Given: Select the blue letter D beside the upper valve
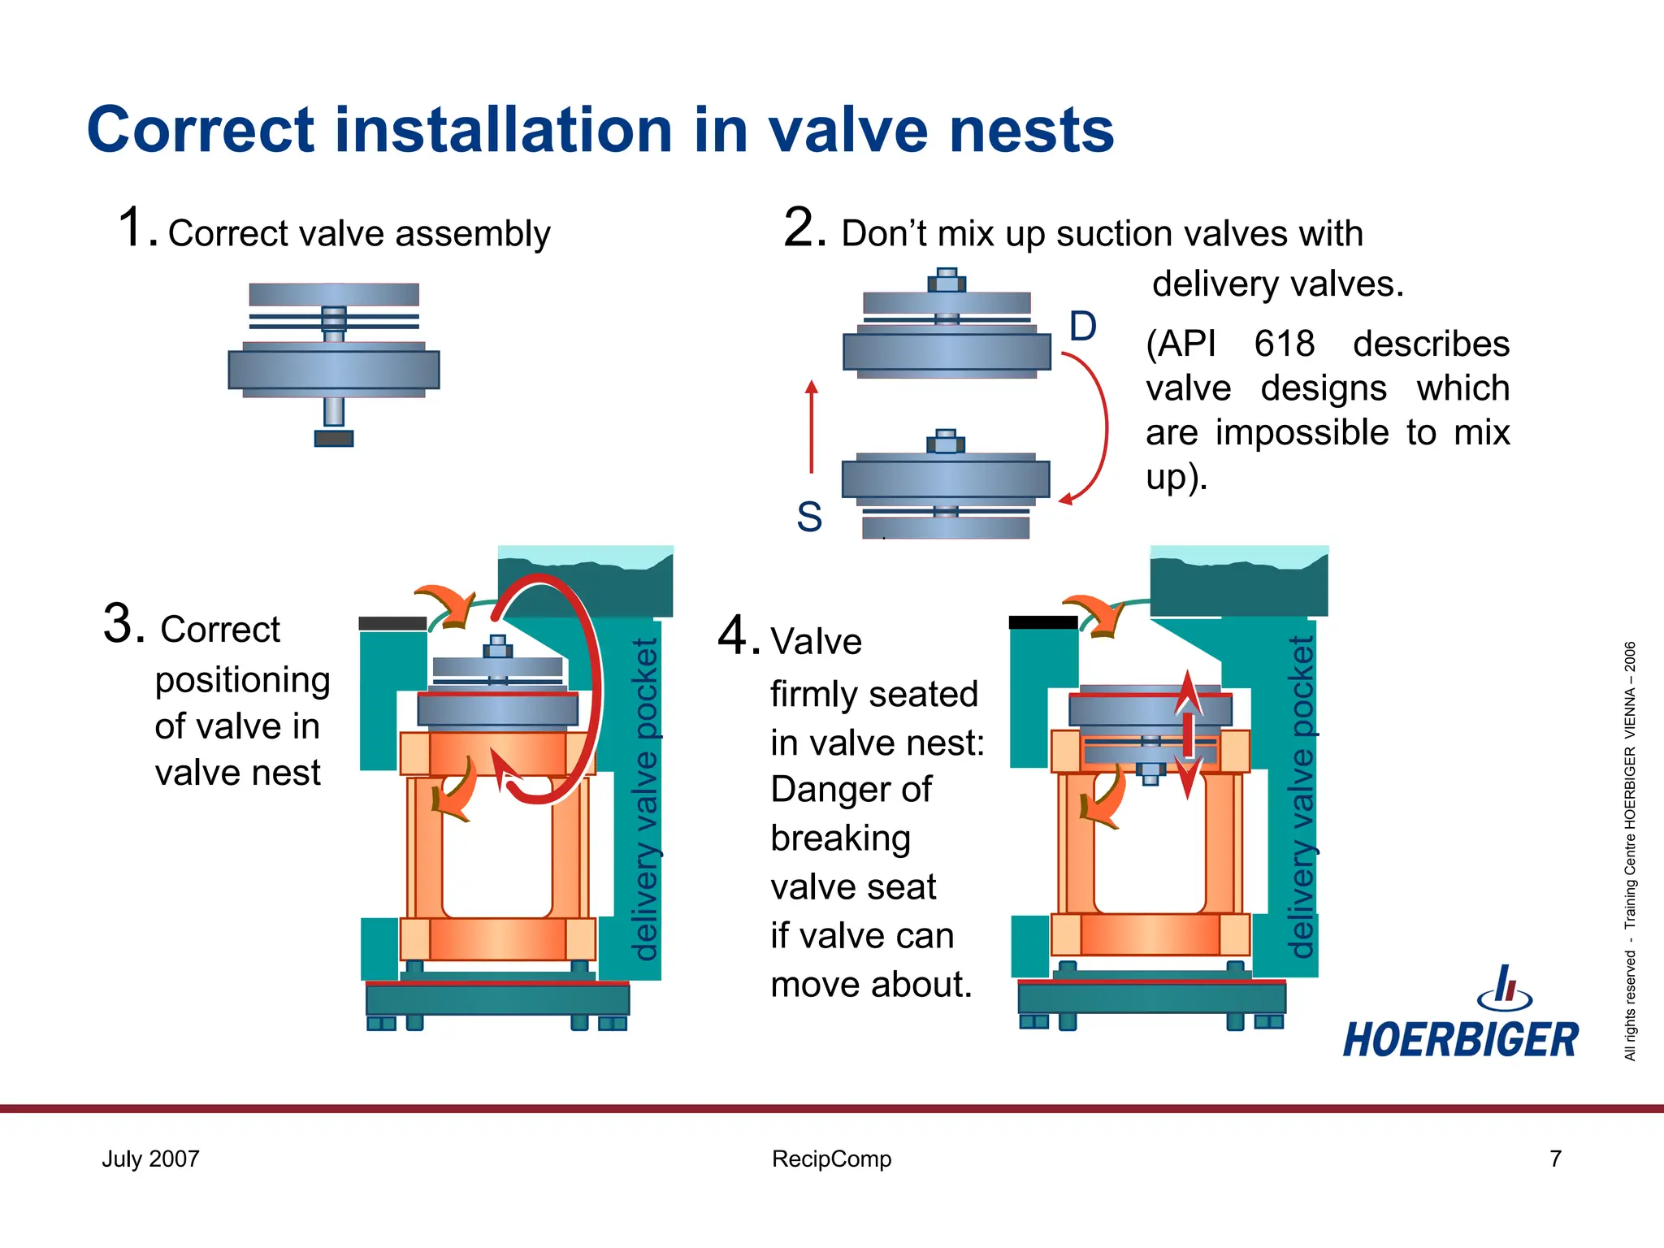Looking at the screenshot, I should pyautogui.click(x=1082, y=327).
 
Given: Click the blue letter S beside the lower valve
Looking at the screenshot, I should pyautogui.click(x=809, y=517).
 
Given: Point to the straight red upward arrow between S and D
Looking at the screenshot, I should pyautogui.click(x=811, y=426).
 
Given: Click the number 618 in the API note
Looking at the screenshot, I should pyautogui.click(x=1284, y=344).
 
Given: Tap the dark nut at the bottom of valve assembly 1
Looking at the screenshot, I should pyautogui.click(x=334, y=439).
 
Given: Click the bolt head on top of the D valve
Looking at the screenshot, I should pyautogui.click(x=947, y=281).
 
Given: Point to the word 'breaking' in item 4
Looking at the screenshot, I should pyautogui.click(x=840, y=838).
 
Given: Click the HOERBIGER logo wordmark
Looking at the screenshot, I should pyautogui.click(x=1460, y=1040).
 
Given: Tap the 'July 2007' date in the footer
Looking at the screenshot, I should pyautogui.click(x=150, y=1159).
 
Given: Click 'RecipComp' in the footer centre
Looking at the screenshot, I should pyautogui.click(x=831, y=1159).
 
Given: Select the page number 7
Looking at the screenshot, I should pyautogui.click(x=1555, y=1159).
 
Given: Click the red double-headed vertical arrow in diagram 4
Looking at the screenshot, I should pyautogui.click(x=1188, y=734).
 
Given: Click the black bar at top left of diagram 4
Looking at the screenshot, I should pyautogui.click(x=1042, y=622).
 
